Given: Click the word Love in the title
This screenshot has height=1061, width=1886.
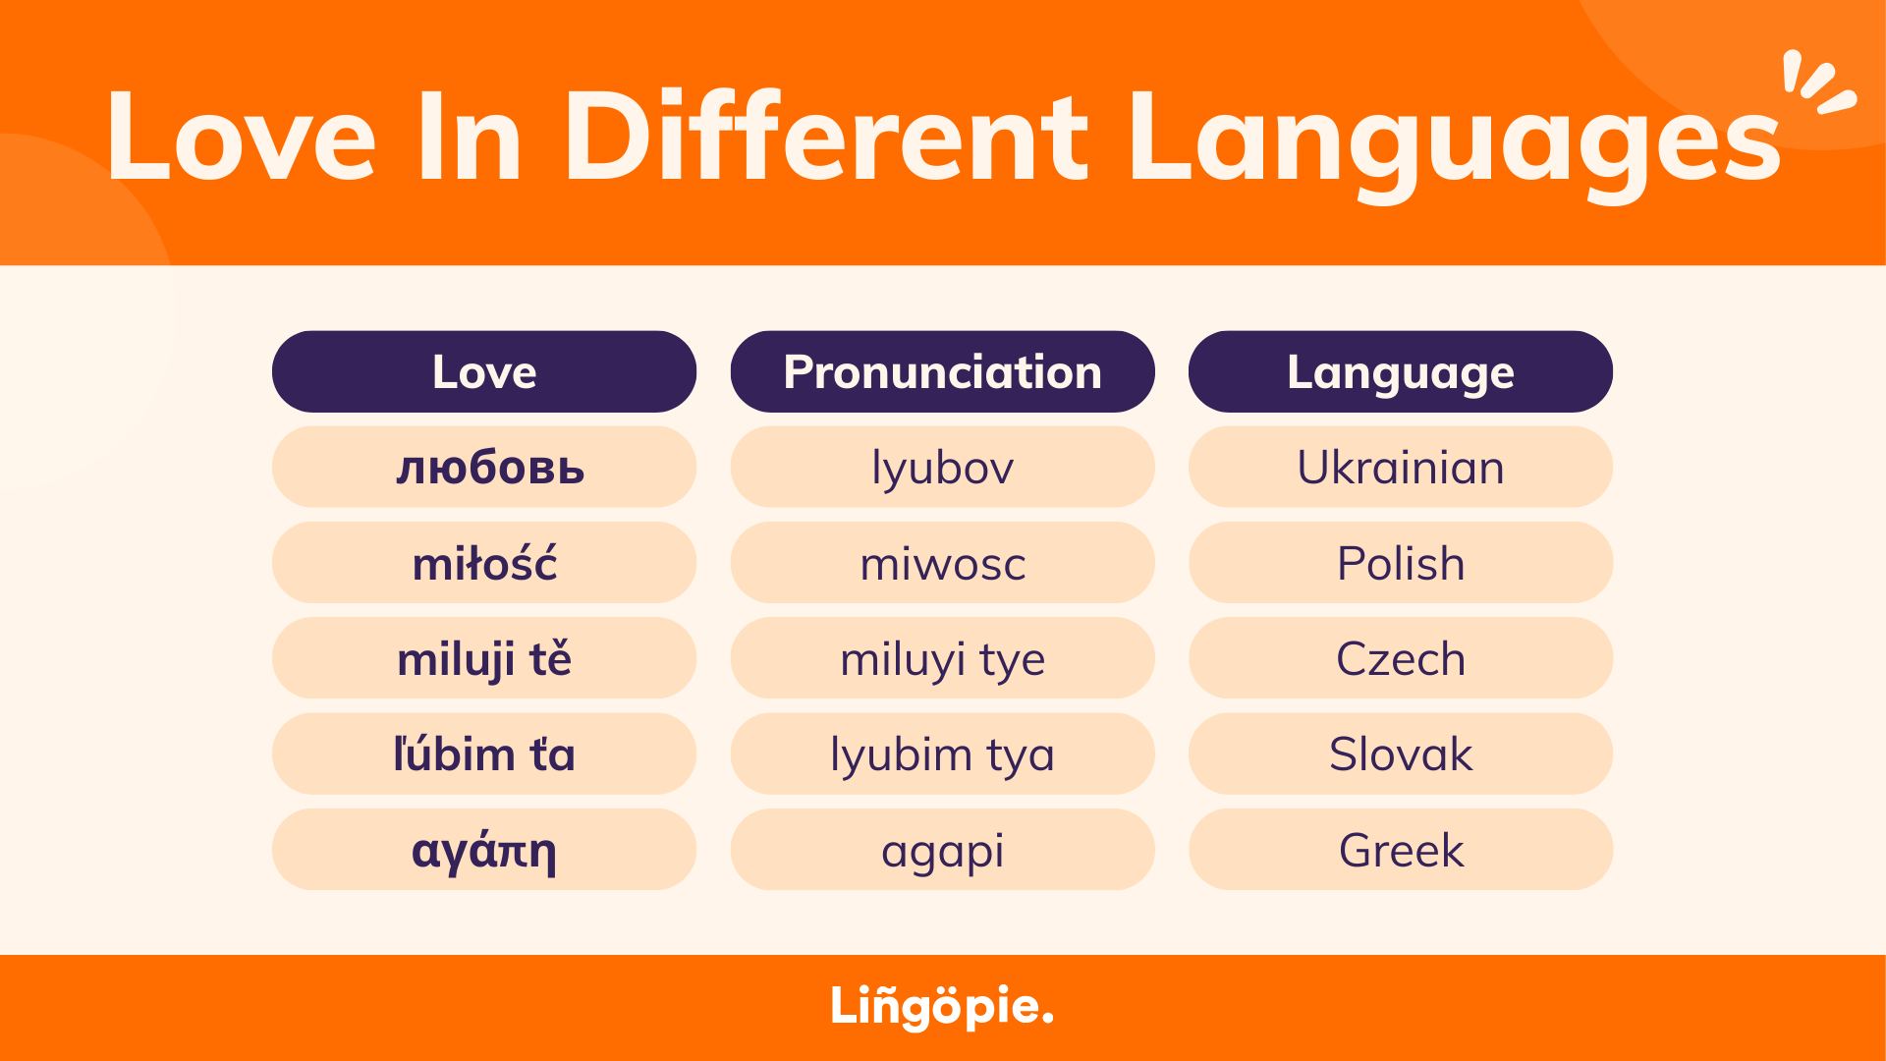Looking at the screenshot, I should (241, 138).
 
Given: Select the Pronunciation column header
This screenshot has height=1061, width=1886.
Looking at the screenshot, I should (942, 371).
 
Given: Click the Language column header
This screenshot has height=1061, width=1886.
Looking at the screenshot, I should (1400, 371).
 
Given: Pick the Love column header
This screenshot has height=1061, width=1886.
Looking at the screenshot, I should (484, 371).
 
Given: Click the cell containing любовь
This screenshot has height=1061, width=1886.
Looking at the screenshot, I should (484, 467).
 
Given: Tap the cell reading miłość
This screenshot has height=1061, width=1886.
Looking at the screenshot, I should (484, 563).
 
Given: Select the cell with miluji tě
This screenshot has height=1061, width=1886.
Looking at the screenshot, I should (484, 658).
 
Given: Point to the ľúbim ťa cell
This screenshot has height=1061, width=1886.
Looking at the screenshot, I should (484, 754).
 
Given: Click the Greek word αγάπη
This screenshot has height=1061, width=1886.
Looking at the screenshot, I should (484, 850).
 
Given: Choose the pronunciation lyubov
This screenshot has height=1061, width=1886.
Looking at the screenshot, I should (942, 467).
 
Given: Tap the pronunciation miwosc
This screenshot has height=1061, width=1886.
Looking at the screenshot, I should (942, 563).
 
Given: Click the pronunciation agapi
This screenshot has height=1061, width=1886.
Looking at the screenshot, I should (942, 850).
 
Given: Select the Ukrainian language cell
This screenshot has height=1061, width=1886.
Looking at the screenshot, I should (1400, 467).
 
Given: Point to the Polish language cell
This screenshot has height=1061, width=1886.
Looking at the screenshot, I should (1400, 563).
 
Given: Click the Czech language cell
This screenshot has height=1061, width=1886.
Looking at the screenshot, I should (1400, 658).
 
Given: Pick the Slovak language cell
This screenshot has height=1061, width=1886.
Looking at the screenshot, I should (1400, 754).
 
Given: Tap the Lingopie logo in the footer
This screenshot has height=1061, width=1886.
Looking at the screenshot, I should (942, 1006).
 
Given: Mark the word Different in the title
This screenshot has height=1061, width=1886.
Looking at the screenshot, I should (825, 138).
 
